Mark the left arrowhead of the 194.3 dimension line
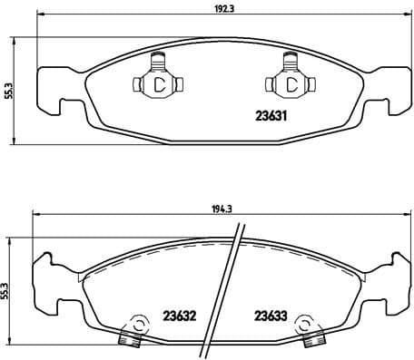(x=34, y=214)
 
